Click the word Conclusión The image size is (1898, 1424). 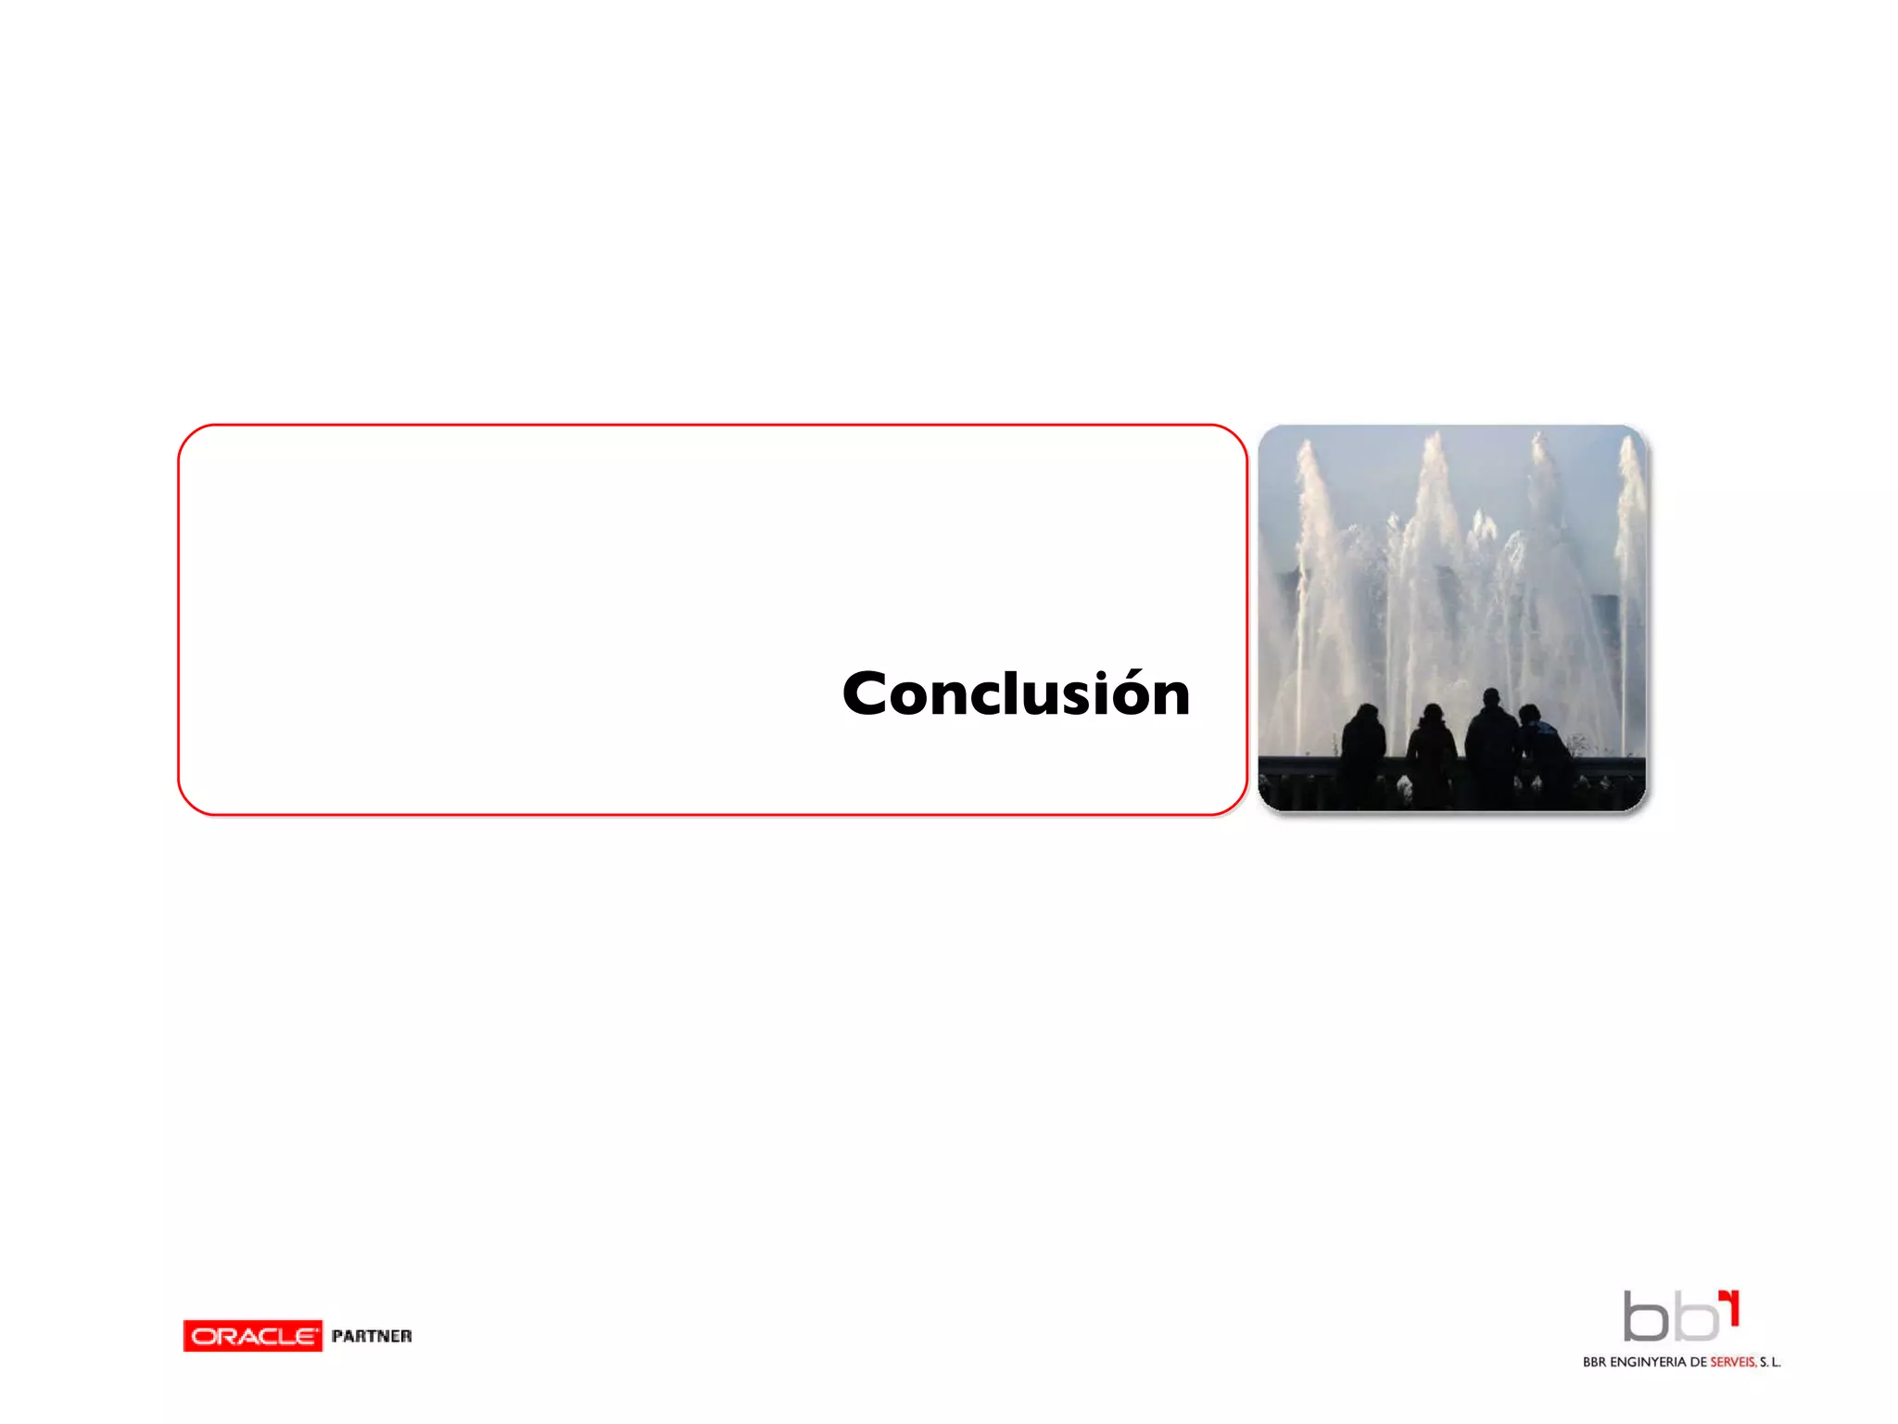(1016, 694)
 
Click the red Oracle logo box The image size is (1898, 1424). (252, 1336)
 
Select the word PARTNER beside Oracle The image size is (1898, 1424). (372, 1336)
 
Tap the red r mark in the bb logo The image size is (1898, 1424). (1730, 1305)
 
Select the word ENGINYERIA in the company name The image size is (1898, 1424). (1648, 1362)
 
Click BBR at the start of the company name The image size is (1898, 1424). (1594, 1362)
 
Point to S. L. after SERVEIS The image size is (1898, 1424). (1770, 1362)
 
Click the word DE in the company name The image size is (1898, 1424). (1698, 1362)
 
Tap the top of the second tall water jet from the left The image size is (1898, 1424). (1435, 437)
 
